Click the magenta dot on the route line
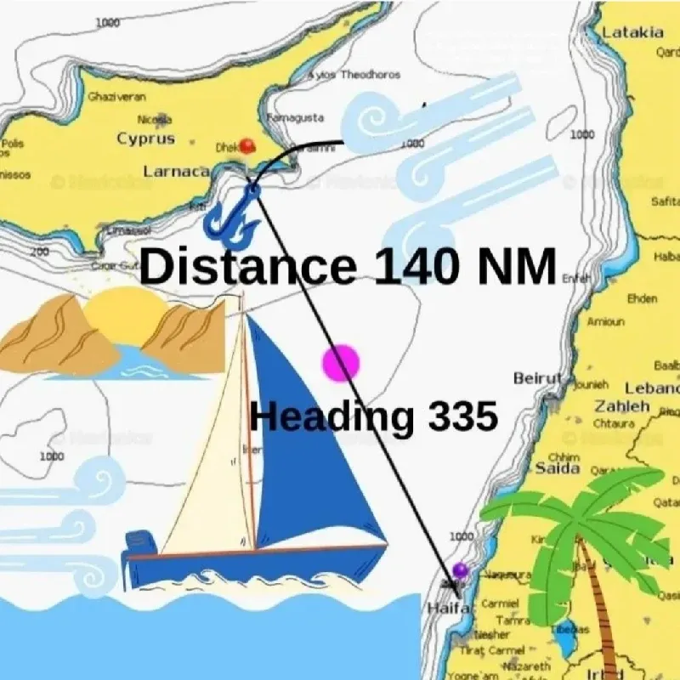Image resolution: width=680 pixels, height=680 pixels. pyautogui.click(x=341, y=363)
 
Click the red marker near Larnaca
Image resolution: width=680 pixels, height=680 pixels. pyautogui.click(x=246, y=145)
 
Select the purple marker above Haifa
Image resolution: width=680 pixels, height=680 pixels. pyautogui.click(x=461, y=569)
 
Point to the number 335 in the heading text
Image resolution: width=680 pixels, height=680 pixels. pyautogui.click(x=462, y=417)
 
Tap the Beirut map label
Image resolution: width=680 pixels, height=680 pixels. pyautogui.click(x=537, y=378)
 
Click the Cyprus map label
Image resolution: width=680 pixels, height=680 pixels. pyautogui.click(x=145, y=139)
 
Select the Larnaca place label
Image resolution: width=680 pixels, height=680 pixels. pyautogui.click(x=176, y=172)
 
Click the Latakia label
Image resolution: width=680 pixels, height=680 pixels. pyautogui.click(x=633, y=32)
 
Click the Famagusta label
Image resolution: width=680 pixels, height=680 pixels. pyautogui.click(x=295, y=117)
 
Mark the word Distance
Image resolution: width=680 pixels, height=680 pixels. pyautogui.click(x=246, y=266)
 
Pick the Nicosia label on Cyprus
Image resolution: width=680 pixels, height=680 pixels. pyautogui.click(x=154, y=120)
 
